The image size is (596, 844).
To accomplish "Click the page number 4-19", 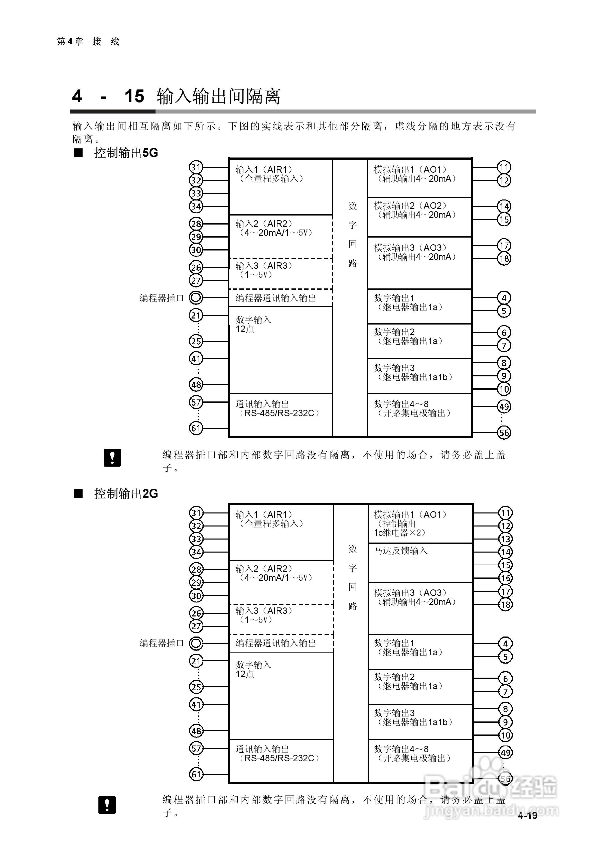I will pos(527,816).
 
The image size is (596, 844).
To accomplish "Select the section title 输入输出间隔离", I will pos(218,97).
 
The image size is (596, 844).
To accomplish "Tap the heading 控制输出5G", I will pos(126,153).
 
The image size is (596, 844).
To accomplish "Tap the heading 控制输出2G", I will pos(126,493).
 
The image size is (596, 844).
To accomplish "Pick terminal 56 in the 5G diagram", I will pos(504,433).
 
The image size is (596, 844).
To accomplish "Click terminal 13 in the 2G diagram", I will pos(505,539).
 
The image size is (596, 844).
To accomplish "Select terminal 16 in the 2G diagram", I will pos(505,578).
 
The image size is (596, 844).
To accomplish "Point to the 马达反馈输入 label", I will pos(400,551).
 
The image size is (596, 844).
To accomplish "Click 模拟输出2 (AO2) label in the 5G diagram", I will pos(410,206).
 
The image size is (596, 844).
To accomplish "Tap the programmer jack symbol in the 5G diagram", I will pos(196,297).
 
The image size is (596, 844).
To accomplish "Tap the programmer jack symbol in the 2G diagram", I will pos(196,643).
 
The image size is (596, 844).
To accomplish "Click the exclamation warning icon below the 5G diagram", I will pos(112,458).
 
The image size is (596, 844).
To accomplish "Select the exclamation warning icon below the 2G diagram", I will pos(107,805).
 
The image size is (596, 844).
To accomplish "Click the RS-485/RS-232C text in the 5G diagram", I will pos(279,413).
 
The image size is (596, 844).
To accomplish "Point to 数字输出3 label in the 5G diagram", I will pos(394,368).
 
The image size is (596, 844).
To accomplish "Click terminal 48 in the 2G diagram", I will pos(196,731).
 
